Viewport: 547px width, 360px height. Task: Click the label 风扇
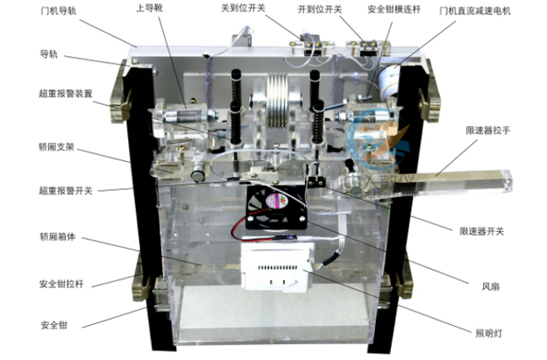[492, 284]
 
